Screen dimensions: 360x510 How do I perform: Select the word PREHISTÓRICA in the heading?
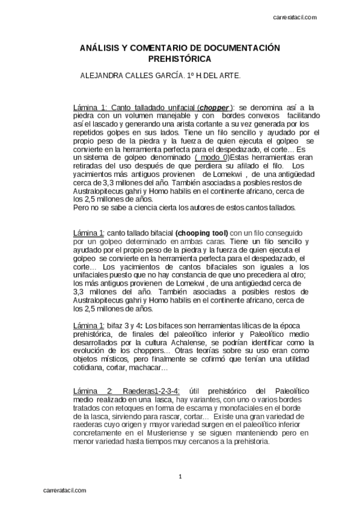180,59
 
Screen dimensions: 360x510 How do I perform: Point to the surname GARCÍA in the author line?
178,76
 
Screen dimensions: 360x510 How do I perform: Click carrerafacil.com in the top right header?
295,18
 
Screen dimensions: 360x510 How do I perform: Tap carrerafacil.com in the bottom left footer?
64,489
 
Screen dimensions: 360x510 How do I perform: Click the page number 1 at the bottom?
180,477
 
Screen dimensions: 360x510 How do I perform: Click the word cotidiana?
90,367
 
